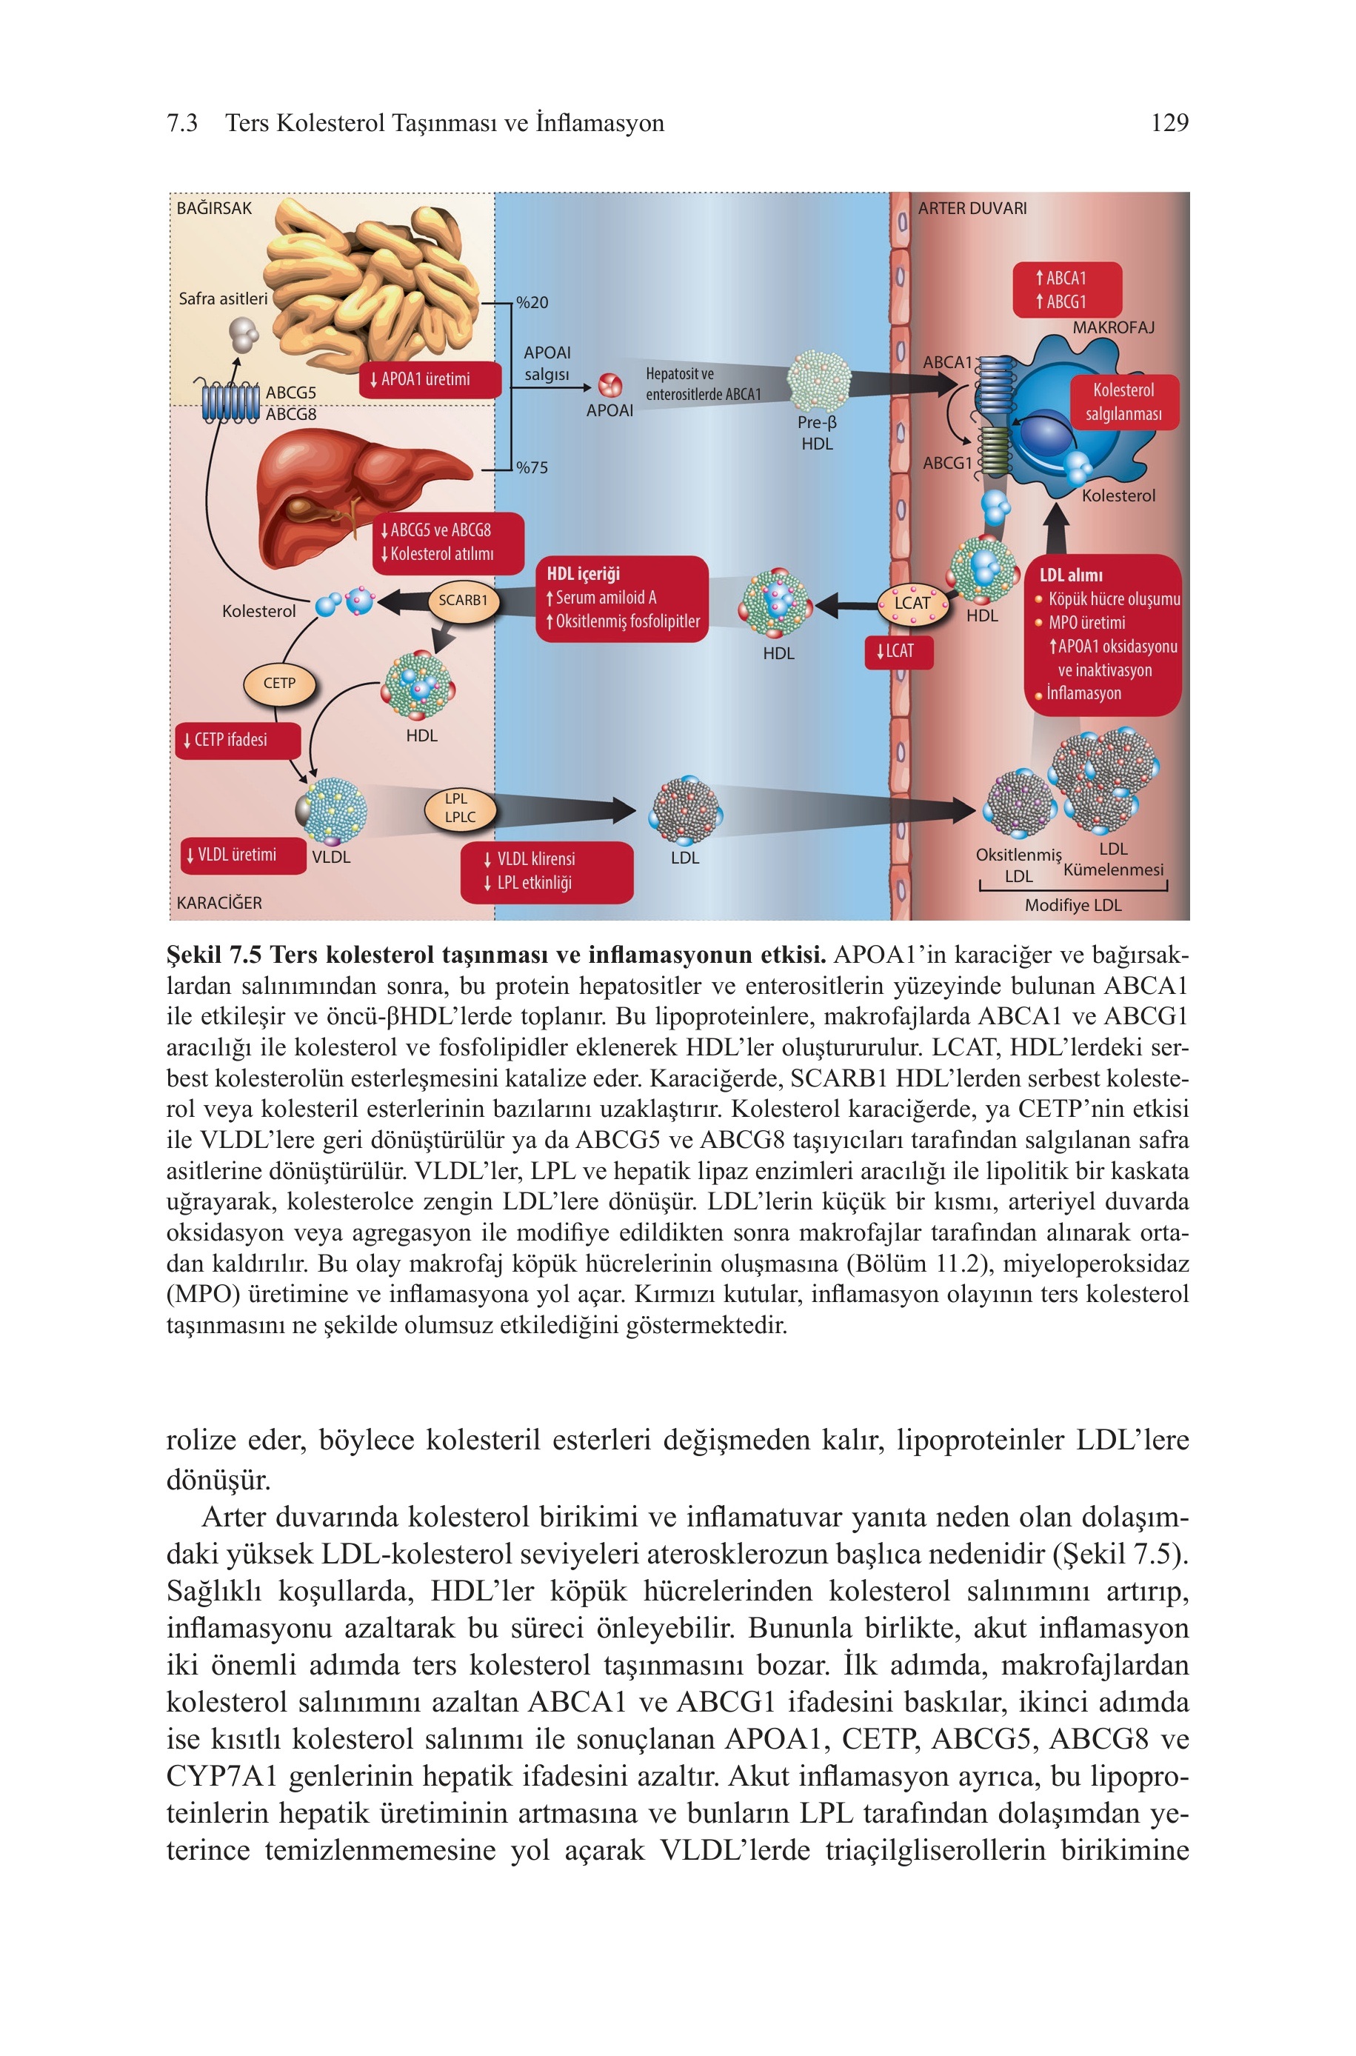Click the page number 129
(1169, 123)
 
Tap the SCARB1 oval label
(463, 601)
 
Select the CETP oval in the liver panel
(279, 683)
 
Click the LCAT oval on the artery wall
(912, 603)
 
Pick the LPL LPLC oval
(460, 808)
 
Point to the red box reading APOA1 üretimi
(430, 379)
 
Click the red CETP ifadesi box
(238, 740)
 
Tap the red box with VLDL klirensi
(547, 872)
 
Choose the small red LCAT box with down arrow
(899, 651)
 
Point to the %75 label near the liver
(532, 468)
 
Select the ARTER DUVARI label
(972, 208)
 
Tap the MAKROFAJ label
(1113, 327)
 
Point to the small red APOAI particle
(610, 386)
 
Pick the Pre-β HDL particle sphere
(819, 381)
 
